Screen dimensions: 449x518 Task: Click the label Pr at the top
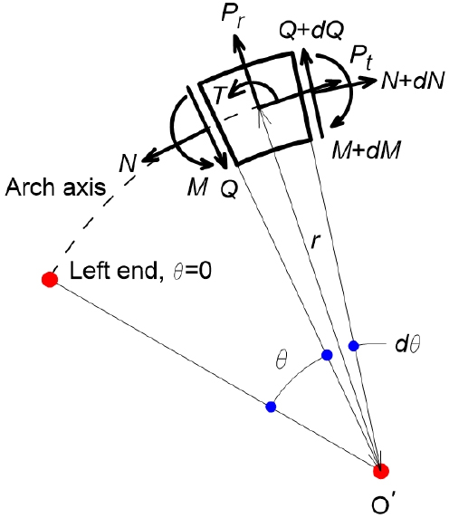(234, 15)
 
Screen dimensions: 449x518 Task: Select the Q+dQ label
(311, 31)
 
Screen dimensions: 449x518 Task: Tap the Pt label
(361, 57)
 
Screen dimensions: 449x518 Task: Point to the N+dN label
(413, 81)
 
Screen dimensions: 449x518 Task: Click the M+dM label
(367, 150)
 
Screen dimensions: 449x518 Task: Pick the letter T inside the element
(220, 95)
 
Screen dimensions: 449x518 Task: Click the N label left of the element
(129, 163)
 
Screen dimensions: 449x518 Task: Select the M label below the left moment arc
(198, 187)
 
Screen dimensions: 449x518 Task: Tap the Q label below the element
(229, 189)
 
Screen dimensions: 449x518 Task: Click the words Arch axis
(55, 187)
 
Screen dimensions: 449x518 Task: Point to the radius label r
(316, 242)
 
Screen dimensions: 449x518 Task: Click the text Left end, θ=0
(140, 271)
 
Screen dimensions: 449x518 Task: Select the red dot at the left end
(50, 280)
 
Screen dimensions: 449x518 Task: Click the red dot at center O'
(381, 471)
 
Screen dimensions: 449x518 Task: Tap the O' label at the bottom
(383, 504)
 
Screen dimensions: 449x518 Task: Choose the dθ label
(407, 344)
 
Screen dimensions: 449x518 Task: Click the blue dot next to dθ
(354, 346)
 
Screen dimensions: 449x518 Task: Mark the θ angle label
(282, 360)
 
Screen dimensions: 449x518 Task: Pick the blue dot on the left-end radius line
(271, 407)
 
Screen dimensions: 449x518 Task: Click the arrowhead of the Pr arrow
(237, 41)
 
